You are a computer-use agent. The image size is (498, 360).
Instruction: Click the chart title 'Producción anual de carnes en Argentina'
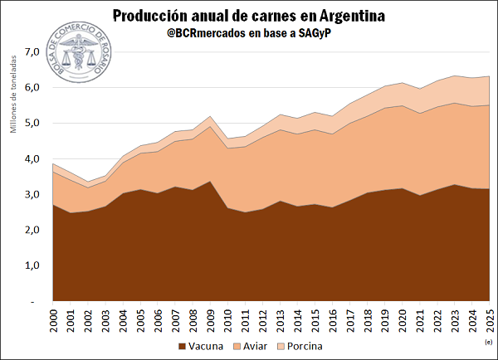click(249, 16)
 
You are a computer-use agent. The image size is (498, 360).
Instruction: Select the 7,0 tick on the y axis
click(32, 51)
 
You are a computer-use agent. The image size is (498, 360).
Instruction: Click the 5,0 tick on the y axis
click(32, 123)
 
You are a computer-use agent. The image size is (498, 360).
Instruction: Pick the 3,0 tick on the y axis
click(32, 194)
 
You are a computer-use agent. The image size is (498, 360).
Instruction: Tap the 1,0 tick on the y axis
click(32, 265)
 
